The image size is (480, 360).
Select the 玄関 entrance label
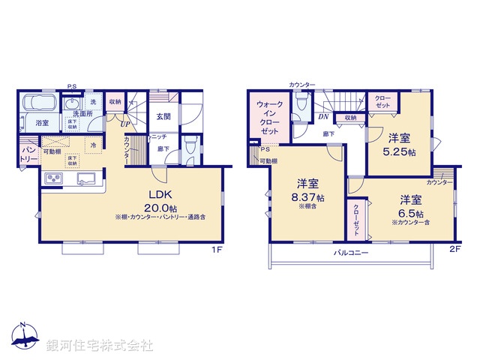pyautogui.click(x=164, y=116)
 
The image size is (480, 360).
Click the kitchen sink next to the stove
pyautogui.click(x=84, y=179)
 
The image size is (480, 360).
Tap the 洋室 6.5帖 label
pyautogui.click(x=409, y=206)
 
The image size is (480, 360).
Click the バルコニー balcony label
pyautogui.click(x=351, y=253)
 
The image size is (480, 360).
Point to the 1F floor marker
pyautogui.click(x=217, y=248)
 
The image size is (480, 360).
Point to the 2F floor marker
pyautogui.click(x=454, y=248)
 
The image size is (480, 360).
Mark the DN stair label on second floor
pyautogui.click(x=322, y=117)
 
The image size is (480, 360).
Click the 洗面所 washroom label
pyautogui.click(x=78, y=114)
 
